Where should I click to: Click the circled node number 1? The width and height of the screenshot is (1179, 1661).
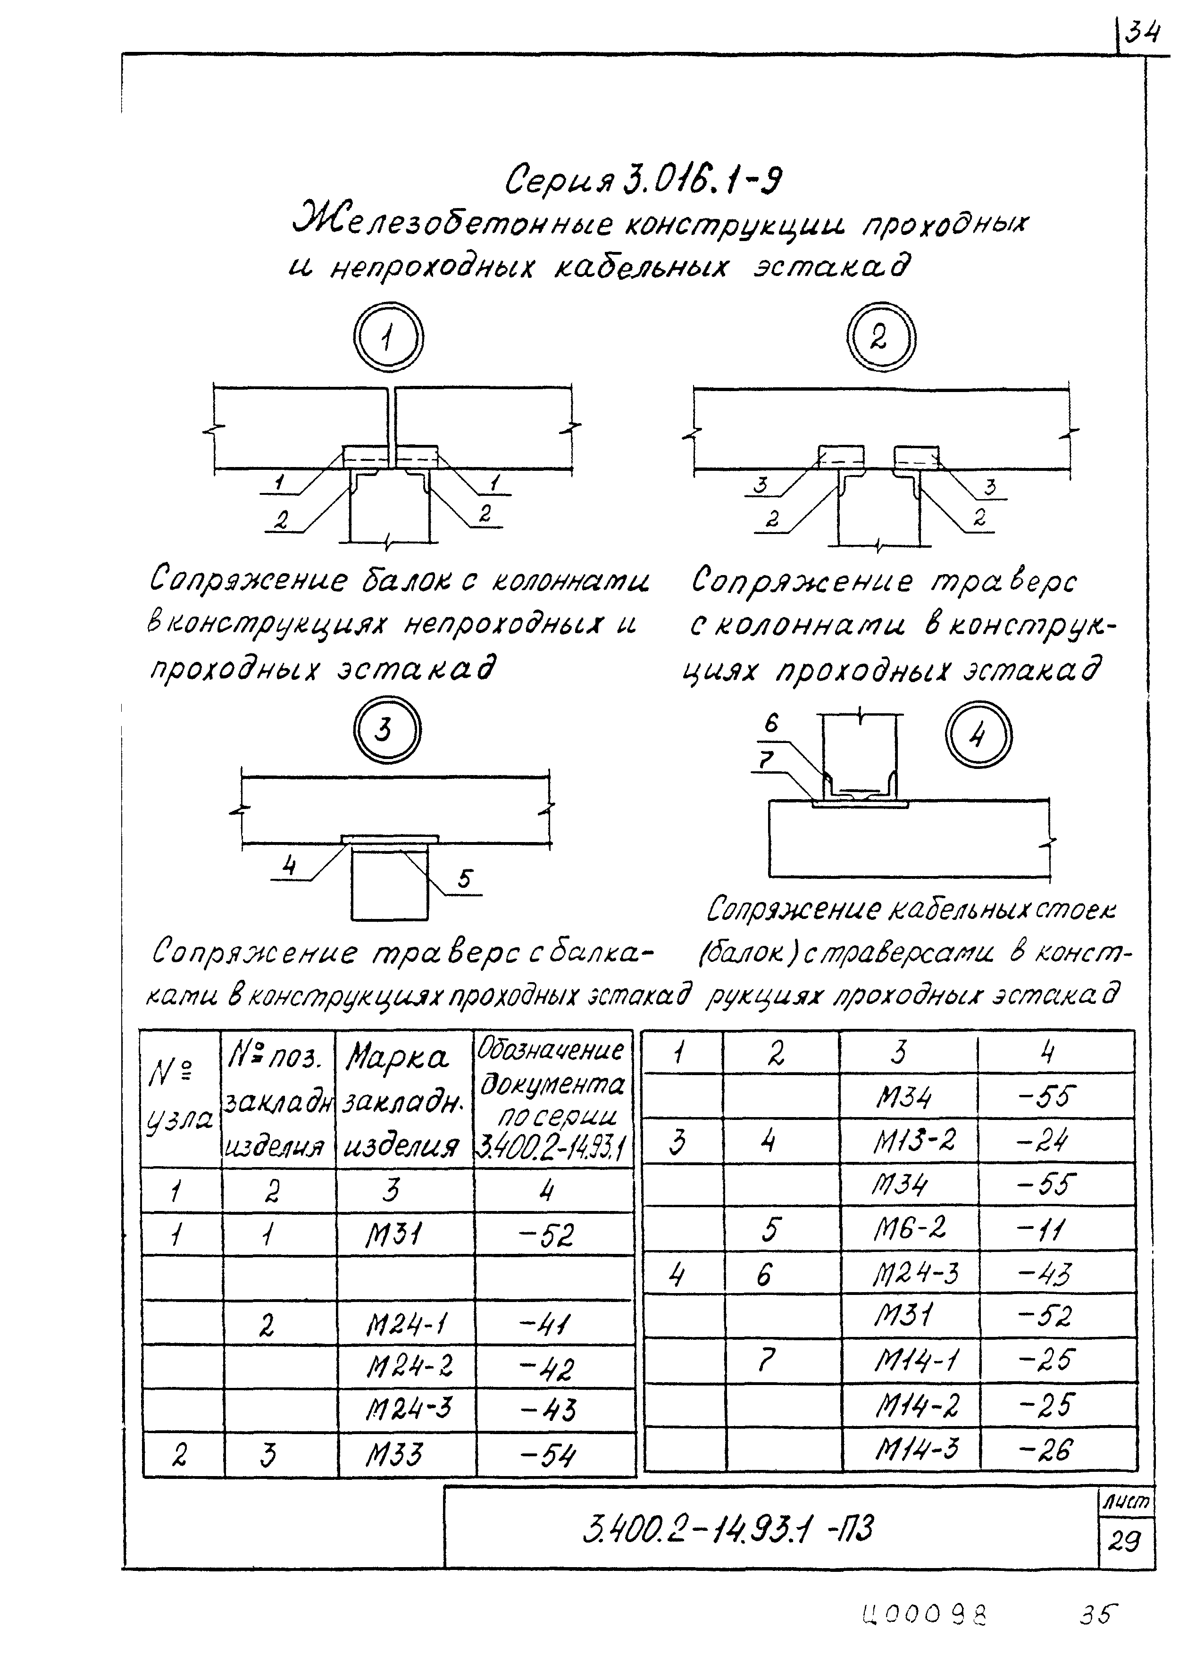coord(388,338)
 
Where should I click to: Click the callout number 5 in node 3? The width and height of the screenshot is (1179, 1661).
coord(465,880)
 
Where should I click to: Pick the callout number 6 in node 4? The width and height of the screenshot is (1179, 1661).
coord(771,723)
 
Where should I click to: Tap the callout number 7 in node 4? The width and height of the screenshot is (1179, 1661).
coord(767,760)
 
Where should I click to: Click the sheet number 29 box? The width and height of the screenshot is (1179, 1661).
coord(1125,1541)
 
